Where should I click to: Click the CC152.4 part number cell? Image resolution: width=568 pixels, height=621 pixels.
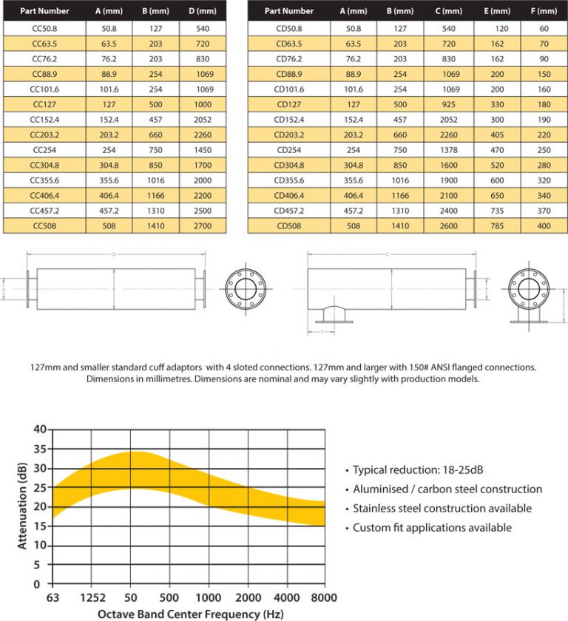point(45,120)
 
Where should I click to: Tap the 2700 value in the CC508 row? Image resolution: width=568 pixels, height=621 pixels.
point(203,225)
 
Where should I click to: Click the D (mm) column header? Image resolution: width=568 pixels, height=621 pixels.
point(203,11)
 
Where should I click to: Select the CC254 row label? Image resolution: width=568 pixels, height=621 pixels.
point(45,150)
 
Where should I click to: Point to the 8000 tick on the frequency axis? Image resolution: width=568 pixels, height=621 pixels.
point(324,597)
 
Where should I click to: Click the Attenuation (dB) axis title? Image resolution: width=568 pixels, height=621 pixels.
point(21,506)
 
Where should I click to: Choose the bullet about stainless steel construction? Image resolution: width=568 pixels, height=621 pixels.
point(442,509)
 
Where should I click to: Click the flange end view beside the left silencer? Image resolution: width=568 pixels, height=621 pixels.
point(249,288)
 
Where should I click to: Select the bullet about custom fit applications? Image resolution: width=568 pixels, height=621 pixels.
point(432,528)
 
